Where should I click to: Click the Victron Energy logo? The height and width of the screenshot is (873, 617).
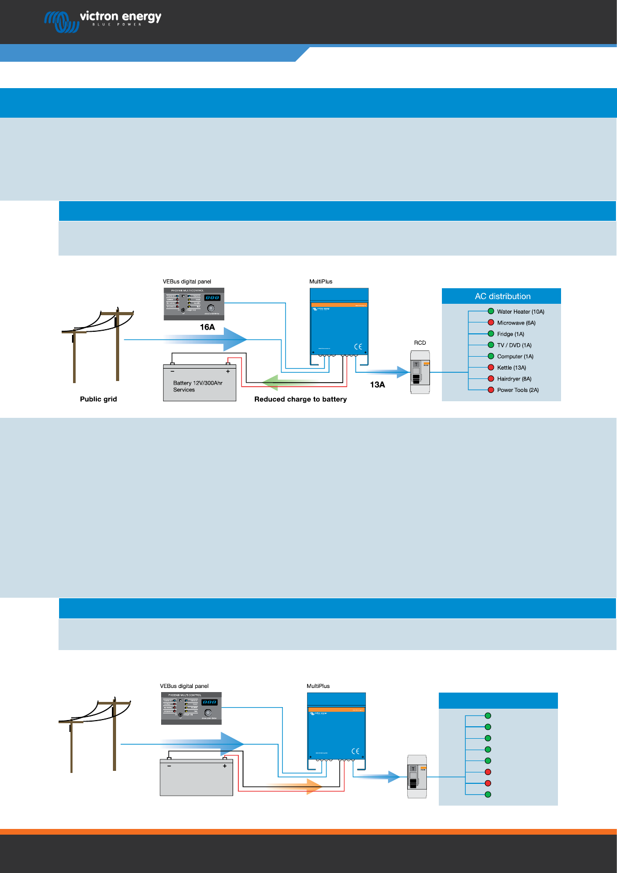[103, 21]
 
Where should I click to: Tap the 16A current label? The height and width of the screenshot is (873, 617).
[207, 327]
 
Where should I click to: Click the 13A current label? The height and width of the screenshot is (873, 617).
[377, 385]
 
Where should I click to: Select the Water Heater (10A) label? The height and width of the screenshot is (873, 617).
[520, 312]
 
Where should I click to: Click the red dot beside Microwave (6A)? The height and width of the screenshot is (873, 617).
[491, 322]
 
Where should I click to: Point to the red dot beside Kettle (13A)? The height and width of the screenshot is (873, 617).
[491, 368]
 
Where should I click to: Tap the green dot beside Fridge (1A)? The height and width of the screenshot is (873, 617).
[491, 334]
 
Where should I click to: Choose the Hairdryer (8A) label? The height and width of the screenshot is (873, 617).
[514, 379]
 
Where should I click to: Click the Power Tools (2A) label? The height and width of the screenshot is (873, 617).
[518, 390]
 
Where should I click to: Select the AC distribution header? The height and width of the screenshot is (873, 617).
[502, 297]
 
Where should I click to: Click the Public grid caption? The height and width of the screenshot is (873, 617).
[98, 399]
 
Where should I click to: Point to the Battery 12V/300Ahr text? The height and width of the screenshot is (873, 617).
[197, 383]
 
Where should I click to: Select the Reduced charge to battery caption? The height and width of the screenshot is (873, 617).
[300, 399]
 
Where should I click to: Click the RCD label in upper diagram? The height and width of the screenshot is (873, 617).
[420, 343]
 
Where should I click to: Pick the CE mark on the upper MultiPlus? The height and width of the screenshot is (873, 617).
[358, 347]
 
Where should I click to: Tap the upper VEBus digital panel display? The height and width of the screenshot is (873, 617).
[212, 298]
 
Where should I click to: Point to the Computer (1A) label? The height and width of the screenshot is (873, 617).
[515, 357]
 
